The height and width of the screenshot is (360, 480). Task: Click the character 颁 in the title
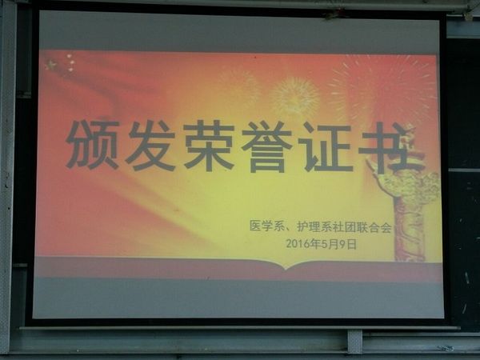coord(93,145)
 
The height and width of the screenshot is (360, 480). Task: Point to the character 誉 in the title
coord(267,146)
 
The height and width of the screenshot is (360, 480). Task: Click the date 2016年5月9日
coord(322,244)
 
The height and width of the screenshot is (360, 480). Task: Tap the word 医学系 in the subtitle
coord(266,226)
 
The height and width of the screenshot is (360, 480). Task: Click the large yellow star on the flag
coord(51,66)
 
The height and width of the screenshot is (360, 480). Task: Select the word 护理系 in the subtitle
coord(314,227)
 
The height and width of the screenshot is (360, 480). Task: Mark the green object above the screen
coord(334,14)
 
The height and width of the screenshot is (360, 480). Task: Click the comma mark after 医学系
coord(290,230)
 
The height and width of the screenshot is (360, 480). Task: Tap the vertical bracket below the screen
coord(354,342)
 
